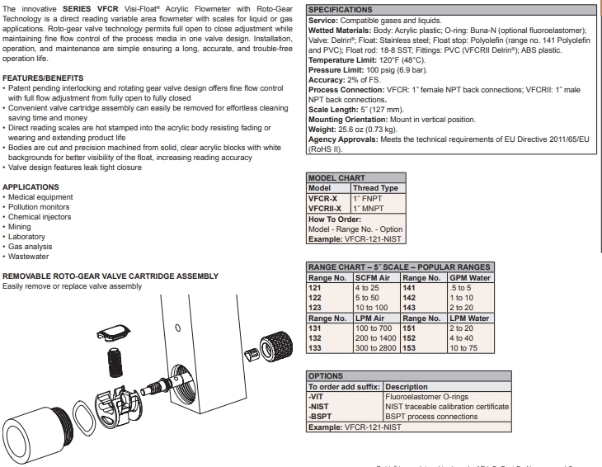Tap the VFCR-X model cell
point(322,199)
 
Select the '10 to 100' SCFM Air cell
point(372,306)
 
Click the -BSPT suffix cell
point(320,417)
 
